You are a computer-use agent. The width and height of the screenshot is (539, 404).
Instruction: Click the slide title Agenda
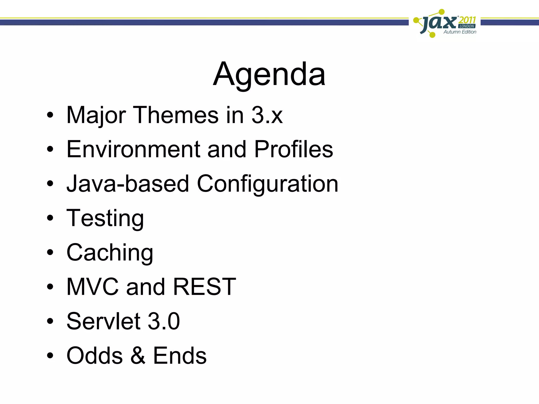pos(269,74)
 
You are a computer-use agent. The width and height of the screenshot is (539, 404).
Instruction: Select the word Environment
pos(133,149)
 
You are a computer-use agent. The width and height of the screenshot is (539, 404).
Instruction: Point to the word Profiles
pos(293,149)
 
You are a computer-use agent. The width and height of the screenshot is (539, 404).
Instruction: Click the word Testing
pos(105,218)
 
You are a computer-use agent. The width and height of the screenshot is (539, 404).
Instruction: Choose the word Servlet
pos(103,321)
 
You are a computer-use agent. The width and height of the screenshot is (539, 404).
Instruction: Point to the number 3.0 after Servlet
pos(164,321)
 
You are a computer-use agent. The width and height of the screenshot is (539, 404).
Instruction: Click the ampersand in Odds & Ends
pos(138,356)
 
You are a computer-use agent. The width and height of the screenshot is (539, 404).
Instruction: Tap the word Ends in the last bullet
pos(180,356)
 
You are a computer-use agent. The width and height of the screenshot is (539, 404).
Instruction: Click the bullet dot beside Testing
pos(50,218)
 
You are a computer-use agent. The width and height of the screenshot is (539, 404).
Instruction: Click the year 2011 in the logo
pos(467,20)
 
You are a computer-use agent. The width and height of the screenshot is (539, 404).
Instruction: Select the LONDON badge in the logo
pos(467,26)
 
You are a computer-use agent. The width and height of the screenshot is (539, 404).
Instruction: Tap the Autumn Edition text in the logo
pos(460,32)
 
